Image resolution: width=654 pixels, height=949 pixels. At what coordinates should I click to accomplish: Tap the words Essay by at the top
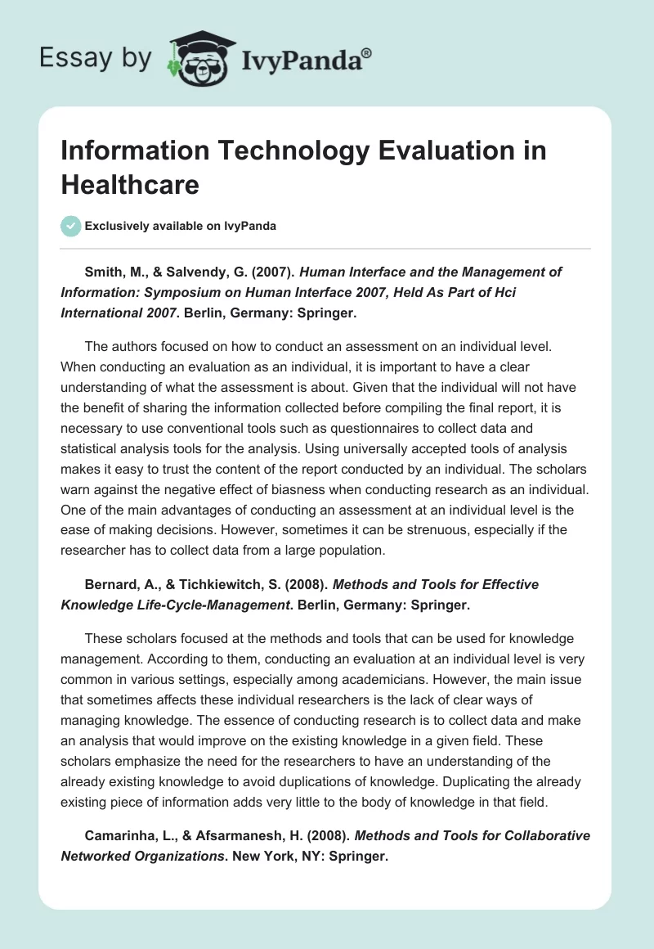tap(96, 58)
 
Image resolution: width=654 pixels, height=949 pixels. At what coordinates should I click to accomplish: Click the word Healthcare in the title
tap(130, 185)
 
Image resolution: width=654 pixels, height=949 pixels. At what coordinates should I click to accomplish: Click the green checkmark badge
tap(71, 226)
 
